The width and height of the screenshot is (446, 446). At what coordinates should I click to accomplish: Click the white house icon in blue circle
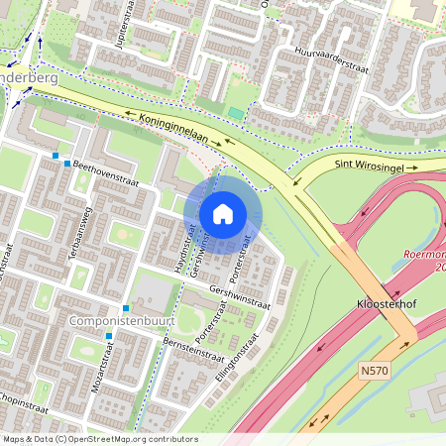point(223,214)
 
